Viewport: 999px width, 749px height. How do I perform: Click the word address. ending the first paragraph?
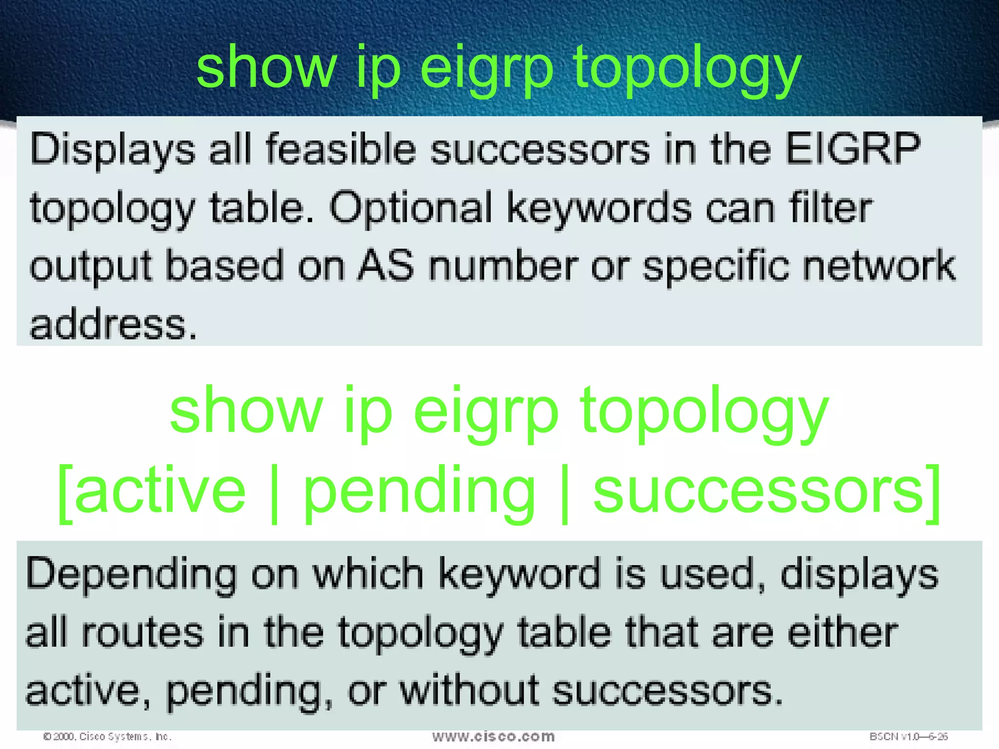tap(114, 325)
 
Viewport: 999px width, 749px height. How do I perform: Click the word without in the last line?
tap(469, 690)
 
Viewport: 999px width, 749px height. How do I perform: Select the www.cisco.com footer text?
tap(493, 736)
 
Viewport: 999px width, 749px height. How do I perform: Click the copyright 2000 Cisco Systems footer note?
tap(107, 736)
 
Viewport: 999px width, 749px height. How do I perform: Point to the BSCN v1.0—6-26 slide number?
tap(908, 736)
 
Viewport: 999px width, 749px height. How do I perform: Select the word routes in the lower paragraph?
tap(142, 632)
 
